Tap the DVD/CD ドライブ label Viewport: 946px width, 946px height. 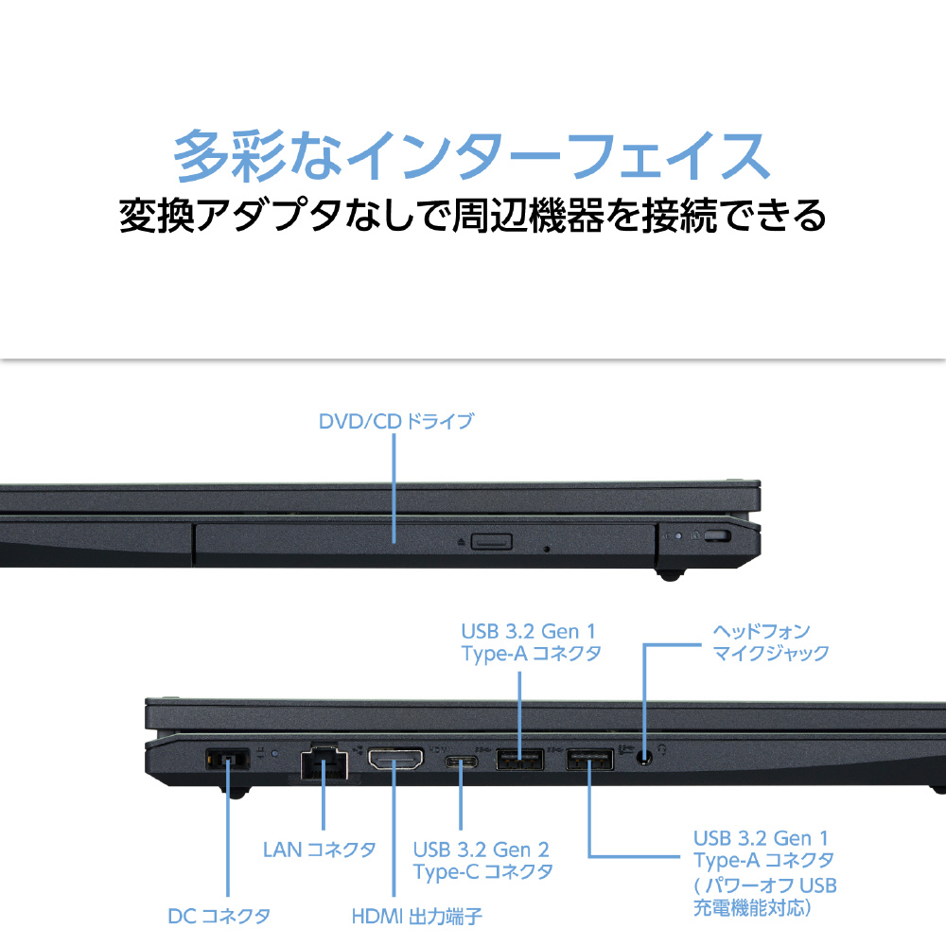(x=394, y=421)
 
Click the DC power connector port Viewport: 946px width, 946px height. (x=226, y=759)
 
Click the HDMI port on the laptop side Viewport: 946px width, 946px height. (x=395, y=760)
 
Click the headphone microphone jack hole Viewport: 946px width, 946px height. (x=645, y=757)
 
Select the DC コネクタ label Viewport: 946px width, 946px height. (x=219, y=916)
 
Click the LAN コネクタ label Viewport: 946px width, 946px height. (x=319, y=850)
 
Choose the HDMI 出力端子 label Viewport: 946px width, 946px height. (x=417, y=916)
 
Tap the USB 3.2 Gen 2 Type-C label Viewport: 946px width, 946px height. (x=482, y=861)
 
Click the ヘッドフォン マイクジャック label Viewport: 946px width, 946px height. (x=770, y=641)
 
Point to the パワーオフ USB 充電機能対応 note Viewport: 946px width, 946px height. (x=765, y=897)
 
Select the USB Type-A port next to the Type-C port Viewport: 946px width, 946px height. (x=519, y=759)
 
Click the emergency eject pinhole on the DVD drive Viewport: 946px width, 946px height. (x=548, y=548)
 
